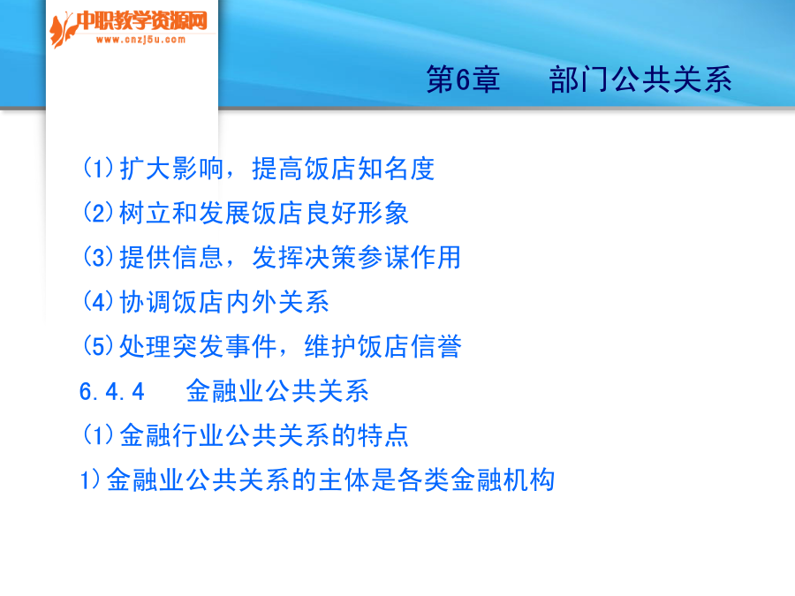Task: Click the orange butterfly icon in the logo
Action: coord(63,30)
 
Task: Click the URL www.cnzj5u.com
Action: coord(141,40)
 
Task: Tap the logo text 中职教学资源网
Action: coord(142,21)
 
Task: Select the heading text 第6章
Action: coord(463,79)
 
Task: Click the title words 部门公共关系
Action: coord(640,79)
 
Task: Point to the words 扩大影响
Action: coord(171,169)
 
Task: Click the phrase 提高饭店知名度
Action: coord(344,169)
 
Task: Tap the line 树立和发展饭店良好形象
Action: coord(263,213)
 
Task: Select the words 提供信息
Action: coord(171,258)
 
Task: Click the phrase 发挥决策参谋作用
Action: coord(357,258)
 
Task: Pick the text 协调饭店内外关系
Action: coord(224,302)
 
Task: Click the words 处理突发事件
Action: coord(198,347)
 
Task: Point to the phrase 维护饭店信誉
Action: coord(382,347)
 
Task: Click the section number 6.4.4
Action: coord(112,392)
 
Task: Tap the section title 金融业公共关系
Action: coord(277,391)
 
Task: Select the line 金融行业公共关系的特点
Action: coord(263,435)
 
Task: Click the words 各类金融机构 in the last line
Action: coord(476,480)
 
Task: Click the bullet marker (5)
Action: coord(98,347)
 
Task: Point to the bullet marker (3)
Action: coord(98,258)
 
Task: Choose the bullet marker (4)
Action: coord(98,302)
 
